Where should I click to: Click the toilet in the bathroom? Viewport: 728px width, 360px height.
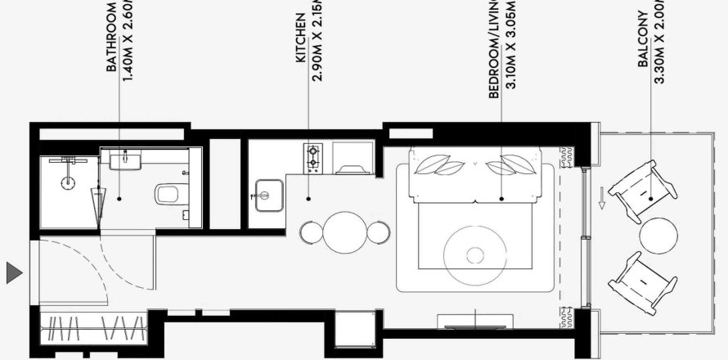coord(168,195)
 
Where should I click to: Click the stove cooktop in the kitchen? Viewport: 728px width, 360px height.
coord(312,157)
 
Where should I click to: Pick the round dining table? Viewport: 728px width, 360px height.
coord(344,232)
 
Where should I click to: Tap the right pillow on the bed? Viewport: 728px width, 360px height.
coord(506,166)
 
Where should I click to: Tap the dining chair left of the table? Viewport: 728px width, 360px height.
coord(309,232)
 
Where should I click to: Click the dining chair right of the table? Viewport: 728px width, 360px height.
coord(377,232)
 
